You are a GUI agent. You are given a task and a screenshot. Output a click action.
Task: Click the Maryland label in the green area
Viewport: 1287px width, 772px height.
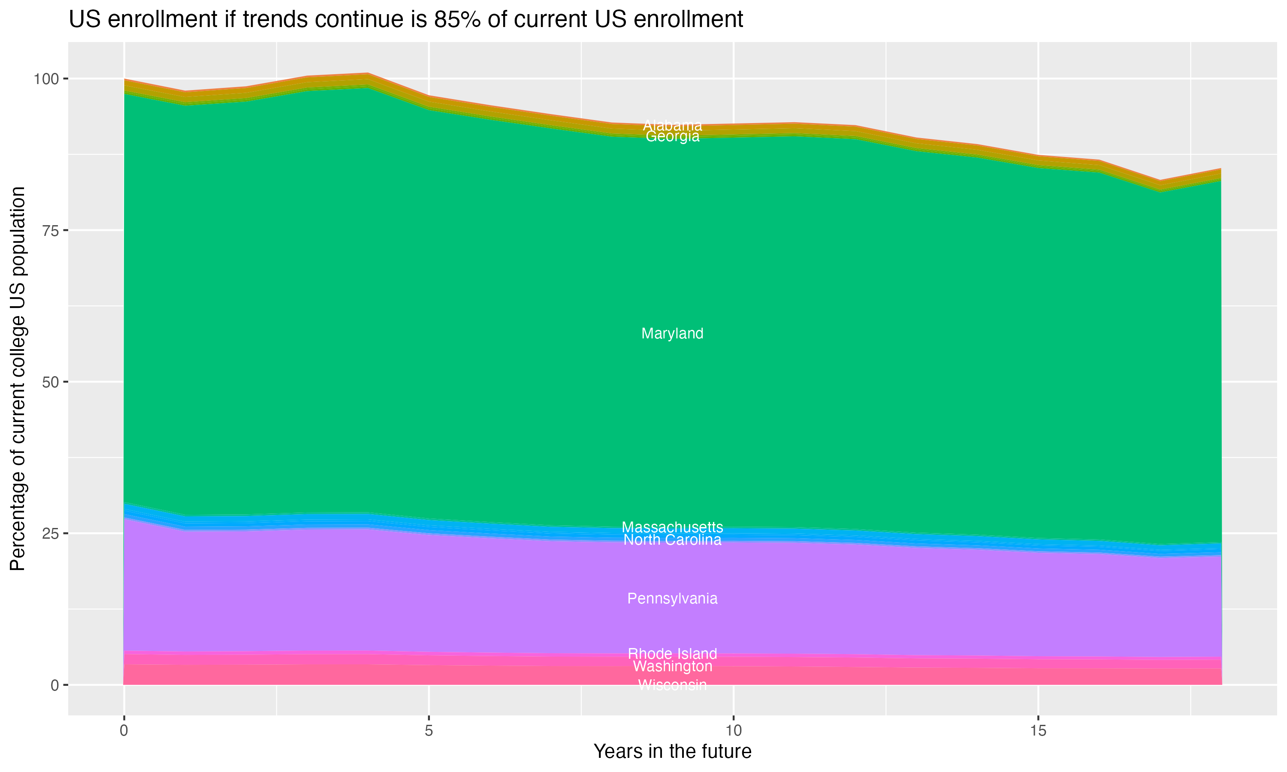point(672,333)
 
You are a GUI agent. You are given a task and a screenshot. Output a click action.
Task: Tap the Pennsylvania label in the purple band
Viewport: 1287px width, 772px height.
point(672,599)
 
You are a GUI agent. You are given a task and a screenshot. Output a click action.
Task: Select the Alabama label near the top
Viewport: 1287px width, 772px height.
point(672,125)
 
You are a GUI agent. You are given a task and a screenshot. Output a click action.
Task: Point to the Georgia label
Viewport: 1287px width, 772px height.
point(672,137)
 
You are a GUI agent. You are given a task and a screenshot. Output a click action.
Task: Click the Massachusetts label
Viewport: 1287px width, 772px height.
point(672,527)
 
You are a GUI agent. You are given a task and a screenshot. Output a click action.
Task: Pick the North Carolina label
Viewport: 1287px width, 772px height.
point(672,540)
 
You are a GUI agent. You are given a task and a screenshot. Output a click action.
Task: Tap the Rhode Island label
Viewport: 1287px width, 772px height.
point(672,653)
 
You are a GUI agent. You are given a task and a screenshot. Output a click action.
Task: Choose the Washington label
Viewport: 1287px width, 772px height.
point(672,666)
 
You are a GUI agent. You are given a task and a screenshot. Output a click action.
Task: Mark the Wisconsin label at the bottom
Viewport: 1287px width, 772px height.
point(672,685)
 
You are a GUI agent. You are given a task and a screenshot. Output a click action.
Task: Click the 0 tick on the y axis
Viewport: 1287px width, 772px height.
point(54,685)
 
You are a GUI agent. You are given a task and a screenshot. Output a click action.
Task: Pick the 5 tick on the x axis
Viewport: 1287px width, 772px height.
point(429,731)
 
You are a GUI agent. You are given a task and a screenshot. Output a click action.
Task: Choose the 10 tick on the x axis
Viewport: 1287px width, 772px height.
point(733,731)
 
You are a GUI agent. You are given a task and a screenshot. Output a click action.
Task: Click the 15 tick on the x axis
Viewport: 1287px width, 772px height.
point(1038,731)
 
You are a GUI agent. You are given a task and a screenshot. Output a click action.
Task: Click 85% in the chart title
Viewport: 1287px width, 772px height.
point(457,20)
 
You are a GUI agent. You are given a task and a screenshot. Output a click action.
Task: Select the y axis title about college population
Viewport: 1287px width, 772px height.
point(18,378)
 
